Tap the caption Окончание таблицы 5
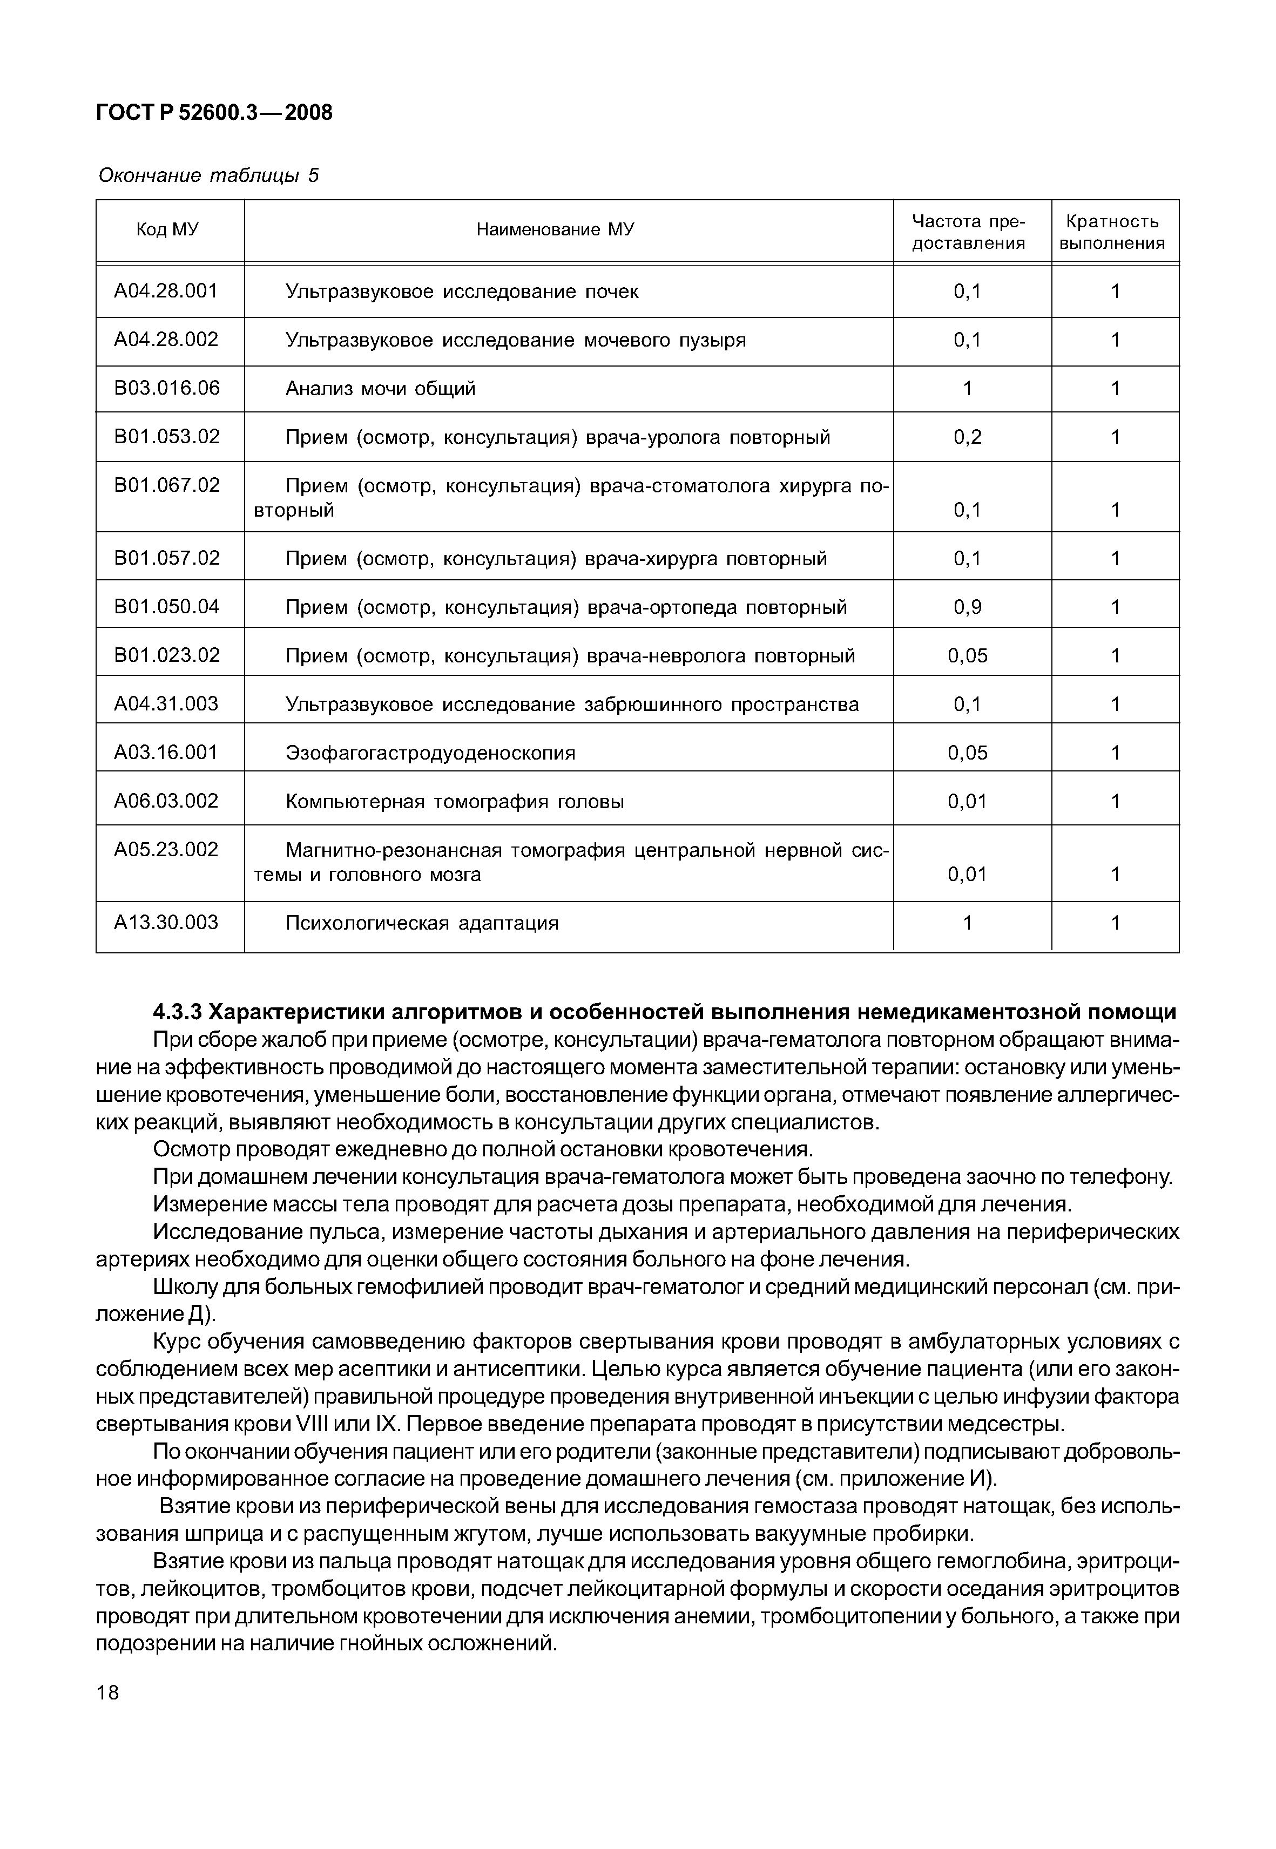click(208, 175)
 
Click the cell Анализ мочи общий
click(381, 389)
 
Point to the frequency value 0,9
click(967, 607)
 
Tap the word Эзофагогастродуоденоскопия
click(430, 753)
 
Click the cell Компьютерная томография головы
click(455, 802)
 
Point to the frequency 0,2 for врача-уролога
click(967, 437)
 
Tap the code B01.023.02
click(166, 655)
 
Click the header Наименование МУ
click(555, 230)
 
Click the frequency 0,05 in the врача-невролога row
click(967, 656)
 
